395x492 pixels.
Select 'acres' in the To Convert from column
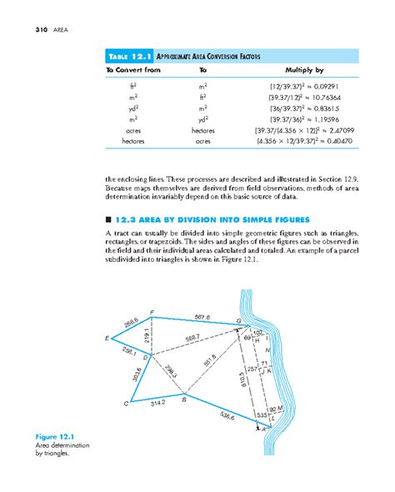123,132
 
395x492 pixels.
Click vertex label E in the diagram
107,339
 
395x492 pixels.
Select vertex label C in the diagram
126,404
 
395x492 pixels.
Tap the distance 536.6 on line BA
226,414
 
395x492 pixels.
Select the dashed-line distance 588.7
192,338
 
